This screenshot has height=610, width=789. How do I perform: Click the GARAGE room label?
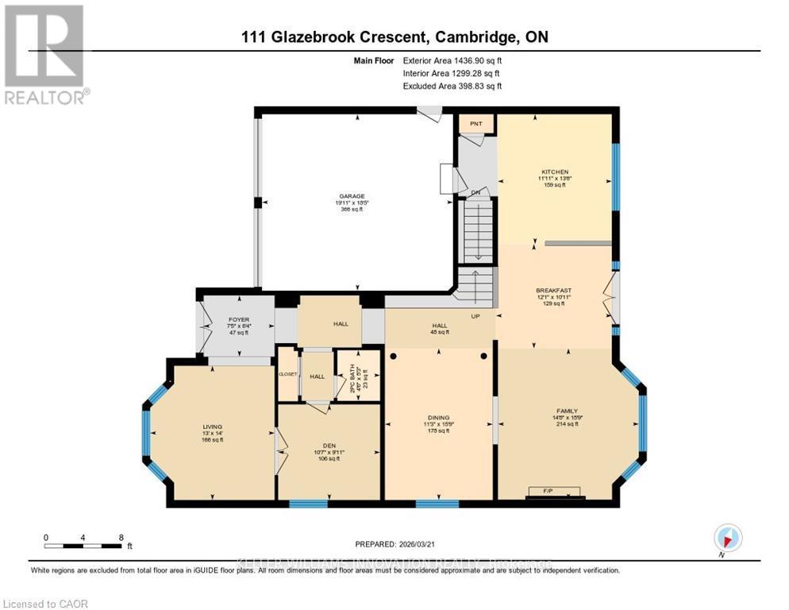pos(352,196)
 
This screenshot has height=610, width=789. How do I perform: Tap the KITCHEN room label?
pos(555,172)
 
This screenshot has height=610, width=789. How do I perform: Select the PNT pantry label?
pos(476,124)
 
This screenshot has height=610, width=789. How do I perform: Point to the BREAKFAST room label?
pos(553,291)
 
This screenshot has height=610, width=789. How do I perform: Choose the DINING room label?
pos(438,418)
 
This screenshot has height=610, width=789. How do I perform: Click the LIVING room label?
pos(212,427)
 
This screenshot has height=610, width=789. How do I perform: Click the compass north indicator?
pos(727,537)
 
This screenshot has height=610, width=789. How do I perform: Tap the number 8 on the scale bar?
pos(121,537)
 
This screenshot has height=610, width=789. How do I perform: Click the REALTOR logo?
pos(44,55)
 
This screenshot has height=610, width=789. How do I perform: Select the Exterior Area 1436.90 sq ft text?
pos(452,60)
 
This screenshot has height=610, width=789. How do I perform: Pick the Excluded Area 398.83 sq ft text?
pos(452,86)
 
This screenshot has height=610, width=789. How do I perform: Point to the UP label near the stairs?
pos(477,315)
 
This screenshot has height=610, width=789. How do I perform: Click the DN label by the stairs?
pos(476,192)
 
